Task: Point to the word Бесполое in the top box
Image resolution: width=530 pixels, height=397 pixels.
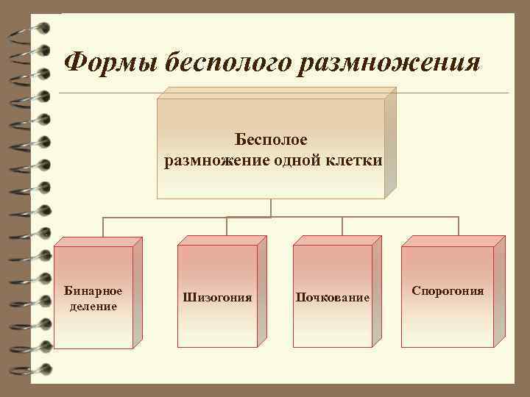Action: coord(271,139)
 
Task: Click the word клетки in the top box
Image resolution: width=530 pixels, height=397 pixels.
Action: coord(354,160)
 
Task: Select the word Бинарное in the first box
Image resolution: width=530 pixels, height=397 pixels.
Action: coord(93,291)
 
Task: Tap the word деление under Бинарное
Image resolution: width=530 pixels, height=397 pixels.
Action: coord(93,306)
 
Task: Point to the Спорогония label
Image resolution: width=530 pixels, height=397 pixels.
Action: coord(448,291)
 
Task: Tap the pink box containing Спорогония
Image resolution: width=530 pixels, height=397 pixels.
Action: coord(448,323)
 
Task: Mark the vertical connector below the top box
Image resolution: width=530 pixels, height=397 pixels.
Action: coord(271,208)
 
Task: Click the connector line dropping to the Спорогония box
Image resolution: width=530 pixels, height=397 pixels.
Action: coord(459,226)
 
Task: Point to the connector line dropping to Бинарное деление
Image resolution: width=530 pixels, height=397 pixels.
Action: coord(102,227)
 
